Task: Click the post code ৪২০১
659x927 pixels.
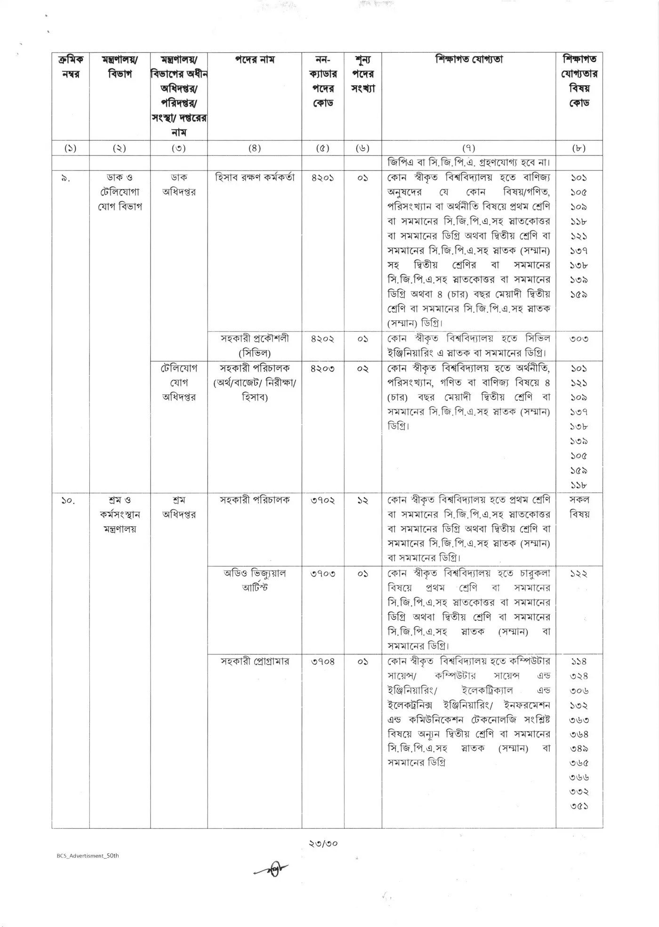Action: click(x=323, y=178)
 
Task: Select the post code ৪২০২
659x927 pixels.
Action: click(x=323, y=339)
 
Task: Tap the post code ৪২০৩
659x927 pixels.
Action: click(x=323, y=368)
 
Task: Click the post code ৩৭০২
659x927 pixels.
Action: click(x=323, y=500)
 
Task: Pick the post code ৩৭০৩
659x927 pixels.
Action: click(x=323, y=573)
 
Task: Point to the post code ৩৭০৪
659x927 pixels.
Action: click(x=323, y=661)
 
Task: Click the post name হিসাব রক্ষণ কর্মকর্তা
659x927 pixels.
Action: click(x=255, y=178)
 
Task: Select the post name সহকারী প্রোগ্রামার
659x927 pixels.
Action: click(x=255, y=661)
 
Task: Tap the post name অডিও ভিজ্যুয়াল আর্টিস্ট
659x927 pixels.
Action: click(x=255, y=580)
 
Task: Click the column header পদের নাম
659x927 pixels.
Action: click(x=255, y=60)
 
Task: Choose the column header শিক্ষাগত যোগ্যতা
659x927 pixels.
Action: click(x=469, y=60)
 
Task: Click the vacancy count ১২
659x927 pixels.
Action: click(x=362, y=500)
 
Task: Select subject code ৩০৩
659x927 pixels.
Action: click(x=579, y=339)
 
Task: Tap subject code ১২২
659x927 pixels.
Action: click(x=579, y=573)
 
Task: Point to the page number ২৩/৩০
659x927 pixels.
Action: click(x=323, y=843)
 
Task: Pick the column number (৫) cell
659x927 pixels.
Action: click(x=323, y=148)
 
